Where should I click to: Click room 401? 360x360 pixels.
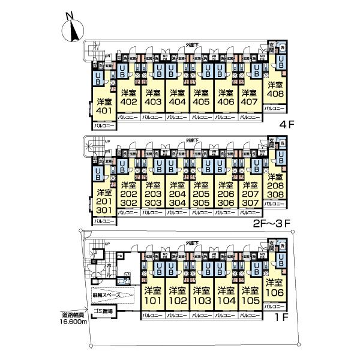tap(104, 107)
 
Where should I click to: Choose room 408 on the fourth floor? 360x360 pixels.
tap(275, 89)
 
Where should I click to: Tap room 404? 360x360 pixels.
tap(176, 98)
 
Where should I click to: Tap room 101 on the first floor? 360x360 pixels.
tap(152, 295)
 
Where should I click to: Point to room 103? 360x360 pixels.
tap(201, 295)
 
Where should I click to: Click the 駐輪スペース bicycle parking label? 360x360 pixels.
tap(106, 295)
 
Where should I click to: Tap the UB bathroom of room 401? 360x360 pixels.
tap(97, 78)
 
